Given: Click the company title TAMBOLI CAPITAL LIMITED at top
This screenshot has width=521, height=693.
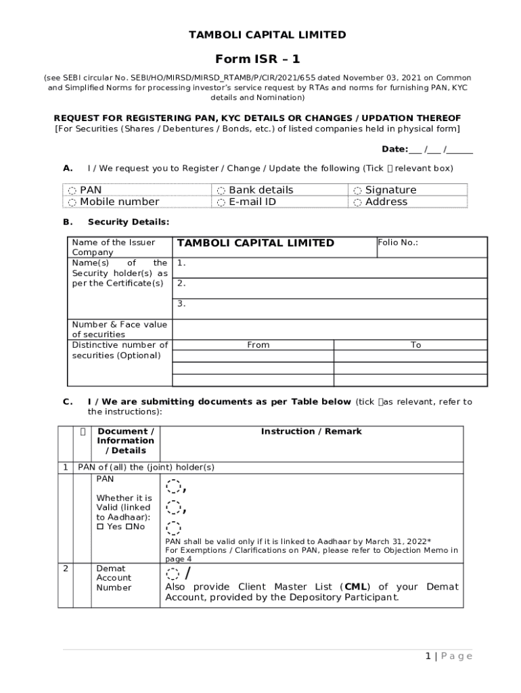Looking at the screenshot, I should [267, 35].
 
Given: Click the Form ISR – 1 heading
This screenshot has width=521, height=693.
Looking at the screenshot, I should [257, 60].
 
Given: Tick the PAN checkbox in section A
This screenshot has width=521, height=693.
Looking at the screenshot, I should [72, 191].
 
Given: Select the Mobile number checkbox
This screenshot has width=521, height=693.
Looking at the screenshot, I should [72, 202].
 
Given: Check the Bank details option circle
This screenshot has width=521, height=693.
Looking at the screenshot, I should [221, 191].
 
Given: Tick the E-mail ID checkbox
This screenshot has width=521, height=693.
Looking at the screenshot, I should [221, 202].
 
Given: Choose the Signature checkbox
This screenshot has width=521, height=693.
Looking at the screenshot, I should [357, 191].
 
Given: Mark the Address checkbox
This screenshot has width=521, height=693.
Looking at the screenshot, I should [357, 202].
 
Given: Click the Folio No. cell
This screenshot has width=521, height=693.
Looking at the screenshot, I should [420, 247].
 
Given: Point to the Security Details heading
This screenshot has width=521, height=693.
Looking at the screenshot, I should [129, 222].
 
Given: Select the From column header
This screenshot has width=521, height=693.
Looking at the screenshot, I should [258, 345].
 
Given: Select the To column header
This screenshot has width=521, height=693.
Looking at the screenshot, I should [415, 345].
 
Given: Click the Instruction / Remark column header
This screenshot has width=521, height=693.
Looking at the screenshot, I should [311, 432].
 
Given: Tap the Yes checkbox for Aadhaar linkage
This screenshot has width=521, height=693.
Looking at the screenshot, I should [99, 527].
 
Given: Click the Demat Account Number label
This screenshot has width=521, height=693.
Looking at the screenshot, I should [114, 578].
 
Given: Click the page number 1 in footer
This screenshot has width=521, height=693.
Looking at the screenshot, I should [428, 656].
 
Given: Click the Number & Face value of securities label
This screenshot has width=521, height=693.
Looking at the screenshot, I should [119, 330].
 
